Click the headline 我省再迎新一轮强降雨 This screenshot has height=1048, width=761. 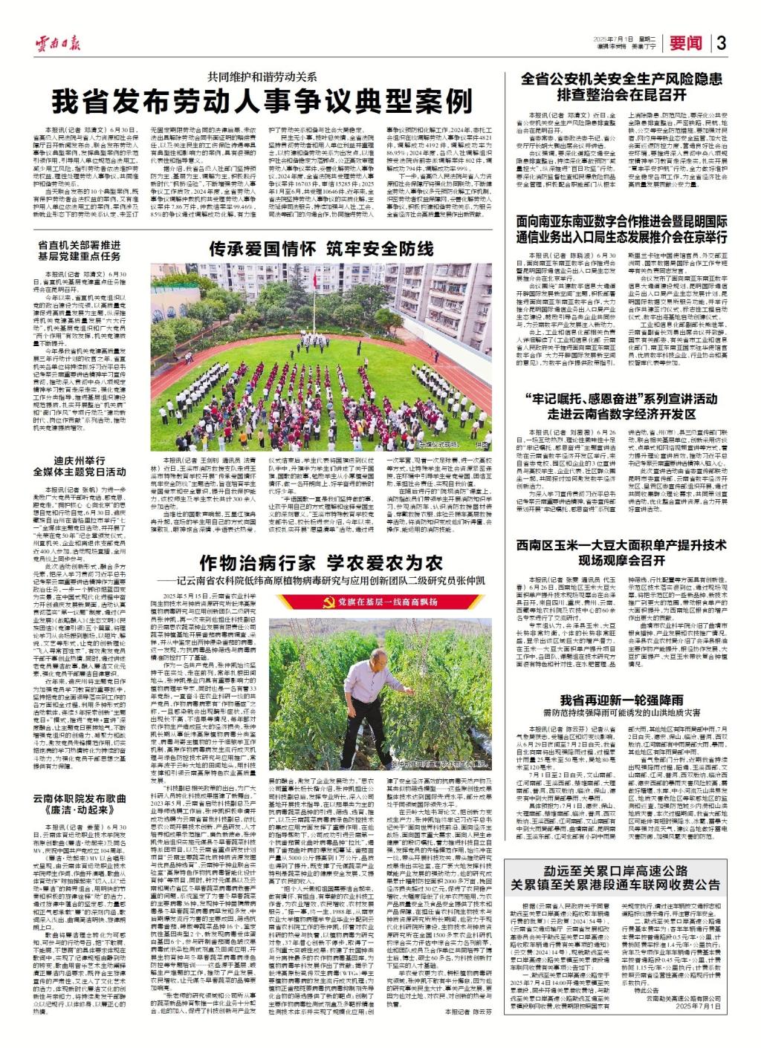click(x=621, y=700)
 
